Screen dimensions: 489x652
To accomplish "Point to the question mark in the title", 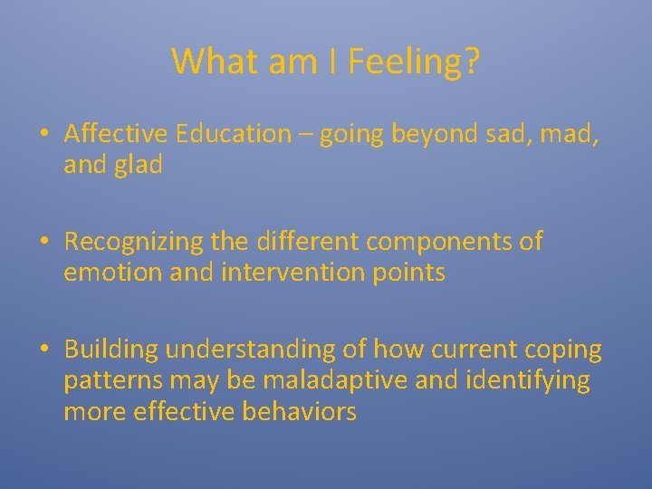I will [471, 62].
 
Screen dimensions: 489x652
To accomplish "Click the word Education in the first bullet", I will [234, 134].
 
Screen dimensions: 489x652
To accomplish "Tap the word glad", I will [139, 166].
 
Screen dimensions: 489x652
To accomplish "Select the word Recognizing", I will [133, 242].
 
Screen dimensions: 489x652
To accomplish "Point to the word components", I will [436, 242].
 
